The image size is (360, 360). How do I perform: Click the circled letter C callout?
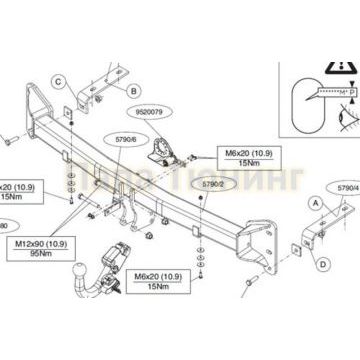[x=57, y=81]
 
